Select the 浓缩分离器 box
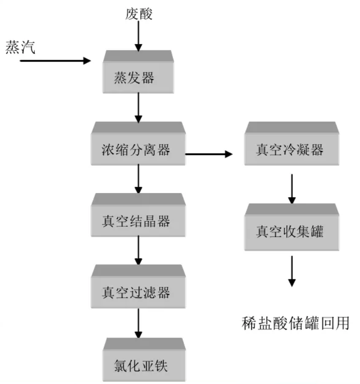(138, 149)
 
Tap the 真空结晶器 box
(138, 221)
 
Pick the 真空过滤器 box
(138, 292)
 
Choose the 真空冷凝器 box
(291, 149)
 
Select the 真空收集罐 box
(291, 230)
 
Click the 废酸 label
(139, 14)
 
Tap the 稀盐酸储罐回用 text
(296, 323)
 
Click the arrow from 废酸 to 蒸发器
(139, 36)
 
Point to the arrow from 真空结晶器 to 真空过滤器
(139, 250)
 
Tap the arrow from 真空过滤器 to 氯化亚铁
(139, 322)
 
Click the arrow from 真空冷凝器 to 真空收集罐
(292, 189)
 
